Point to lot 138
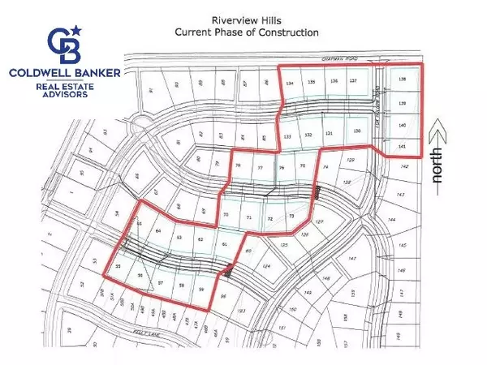403,79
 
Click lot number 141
403,146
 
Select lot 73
291,217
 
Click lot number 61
224,244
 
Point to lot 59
201,286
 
